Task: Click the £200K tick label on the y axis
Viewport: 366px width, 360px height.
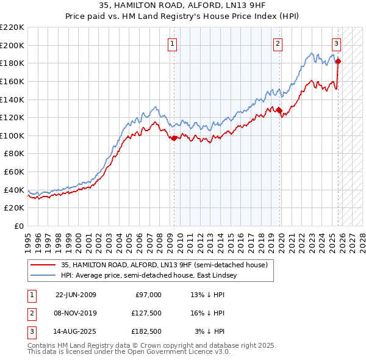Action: pos(12,45)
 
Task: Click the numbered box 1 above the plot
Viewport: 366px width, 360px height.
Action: pos(173,43)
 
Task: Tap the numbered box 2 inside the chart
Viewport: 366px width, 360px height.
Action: pos(278,43)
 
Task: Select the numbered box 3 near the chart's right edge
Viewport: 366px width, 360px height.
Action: pos(336,43)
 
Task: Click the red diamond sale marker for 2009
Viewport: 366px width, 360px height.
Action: pos(174,138)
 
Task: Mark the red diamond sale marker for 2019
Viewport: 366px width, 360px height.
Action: pos(280,110)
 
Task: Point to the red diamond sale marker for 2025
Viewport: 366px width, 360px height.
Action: pos(339,61)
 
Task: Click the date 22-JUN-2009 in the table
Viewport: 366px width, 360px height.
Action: pos(76,294)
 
